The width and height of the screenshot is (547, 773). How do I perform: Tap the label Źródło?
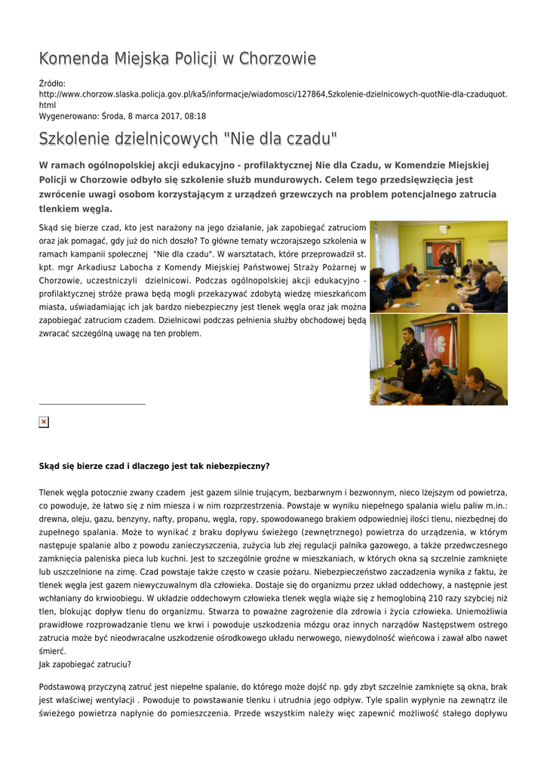coord(53,83)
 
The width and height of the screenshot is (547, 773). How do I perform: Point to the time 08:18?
coord(195,116)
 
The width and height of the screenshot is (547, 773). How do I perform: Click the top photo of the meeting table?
coord(438,266)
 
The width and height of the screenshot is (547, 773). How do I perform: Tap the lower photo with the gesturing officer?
coord(438,359)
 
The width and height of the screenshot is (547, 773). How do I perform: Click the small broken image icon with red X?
coord(44,422)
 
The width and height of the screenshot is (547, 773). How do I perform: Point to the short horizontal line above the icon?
coord(92,404)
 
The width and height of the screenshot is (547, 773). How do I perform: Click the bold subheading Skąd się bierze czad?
coord(154,466)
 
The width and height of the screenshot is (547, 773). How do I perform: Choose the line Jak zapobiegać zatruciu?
coord(85,664)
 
